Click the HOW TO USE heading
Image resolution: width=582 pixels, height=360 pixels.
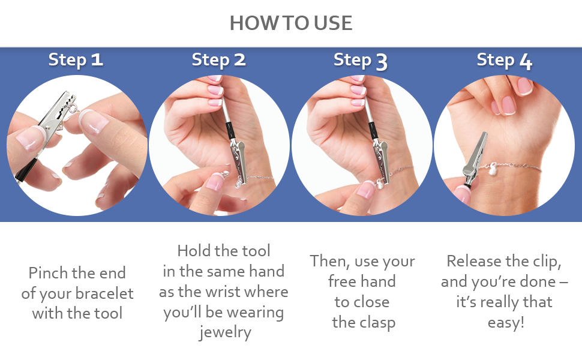click(290, 23)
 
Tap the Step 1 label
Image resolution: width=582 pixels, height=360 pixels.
click(76, 60)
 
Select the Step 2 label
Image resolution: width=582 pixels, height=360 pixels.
click(218, 60)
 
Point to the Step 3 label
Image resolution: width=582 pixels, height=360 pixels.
click(361, 61)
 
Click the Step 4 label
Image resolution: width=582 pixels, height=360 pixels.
click(504, 61)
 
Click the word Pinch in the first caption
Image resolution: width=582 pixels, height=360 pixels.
click(47, 273)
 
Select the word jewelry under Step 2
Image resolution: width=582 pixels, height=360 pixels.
click(225, 332)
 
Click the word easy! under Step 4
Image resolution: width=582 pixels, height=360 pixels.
click(506, 323)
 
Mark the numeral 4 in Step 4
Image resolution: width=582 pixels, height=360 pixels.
click(526, 61)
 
